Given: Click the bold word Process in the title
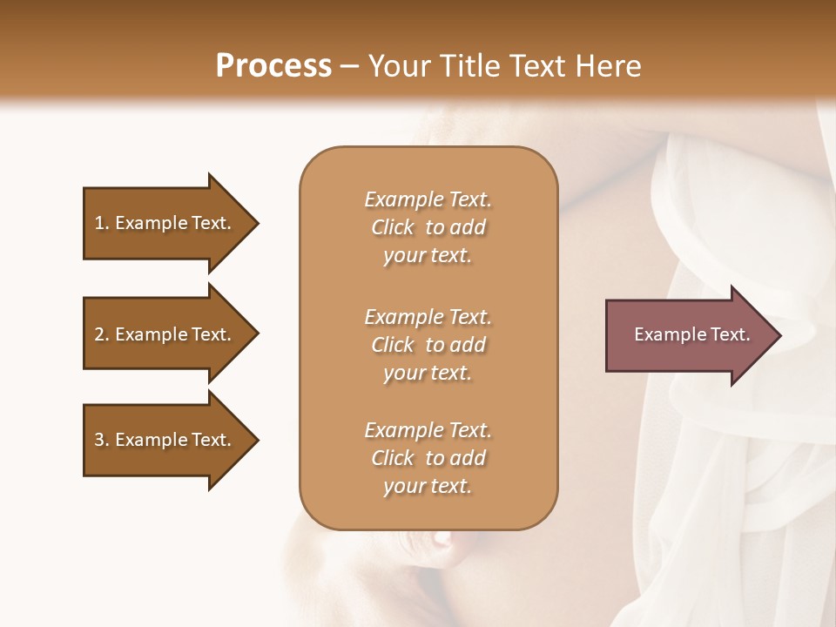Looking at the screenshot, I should click(273, 65).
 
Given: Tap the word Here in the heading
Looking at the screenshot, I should click(609, 65).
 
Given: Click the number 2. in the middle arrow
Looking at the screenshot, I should click(102, 334).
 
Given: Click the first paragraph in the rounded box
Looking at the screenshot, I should click(428, 227).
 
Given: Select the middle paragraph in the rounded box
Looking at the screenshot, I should click(428, 345).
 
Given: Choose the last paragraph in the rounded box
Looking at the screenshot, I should click(428, 458).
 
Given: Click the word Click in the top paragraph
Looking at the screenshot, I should click(393, 227).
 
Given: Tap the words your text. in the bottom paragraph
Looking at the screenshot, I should click(428, 487).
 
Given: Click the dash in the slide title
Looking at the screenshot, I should click(349, 66).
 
